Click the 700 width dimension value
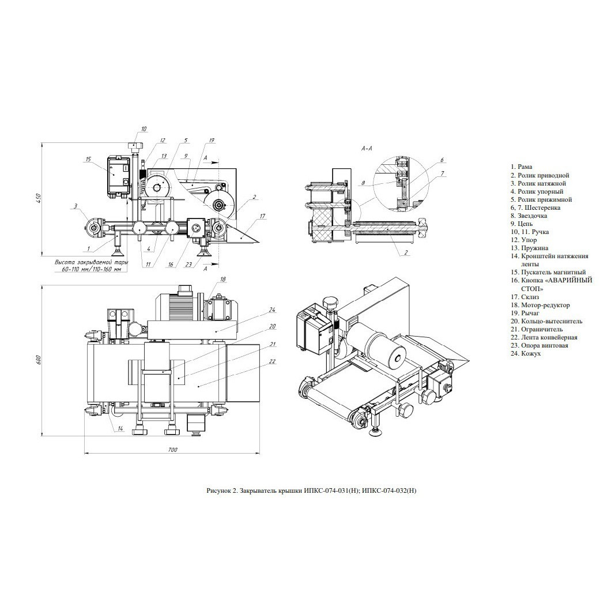[172, 450]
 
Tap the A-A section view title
[367, 149]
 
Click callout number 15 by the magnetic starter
[88, 159]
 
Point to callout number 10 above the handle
[143, 129]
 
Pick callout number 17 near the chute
[262, 216]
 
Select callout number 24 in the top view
[272, 310]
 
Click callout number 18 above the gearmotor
[223, 280]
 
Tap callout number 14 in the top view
[120, 429]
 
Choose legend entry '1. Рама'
[521, 167]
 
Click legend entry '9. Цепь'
[521, 224]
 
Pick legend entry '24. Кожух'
[526, 353]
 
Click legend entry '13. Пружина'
[529, 248]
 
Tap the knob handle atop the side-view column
[134, 148]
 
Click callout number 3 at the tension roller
[76, 205]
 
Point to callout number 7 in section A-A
[443, 173]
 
